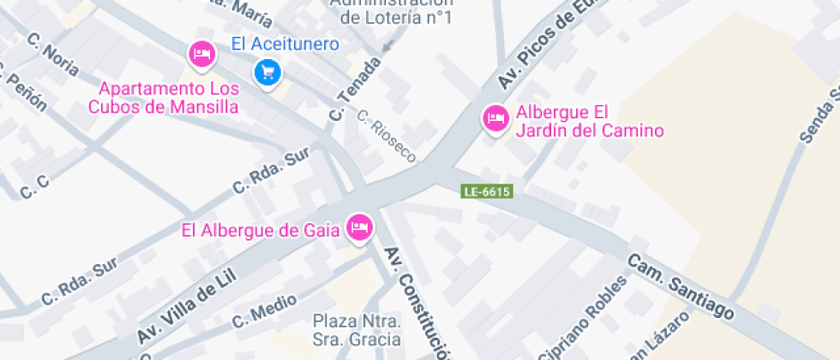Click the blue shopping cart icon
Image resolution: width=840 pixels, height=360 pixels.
click(x=268, y=72)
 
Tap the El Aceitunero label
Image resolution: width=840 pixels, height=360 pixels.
click(x=285, y=44)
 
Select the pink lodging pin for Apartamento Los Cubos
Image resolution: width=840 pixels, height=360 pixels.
click(x=201, y=54)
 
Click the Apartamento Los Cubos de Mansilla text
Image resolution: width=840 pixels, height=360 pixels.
click(x=162, y=98)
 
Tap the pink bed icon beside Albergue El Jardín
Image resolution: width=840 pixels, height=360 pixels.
click(x=495, y=118)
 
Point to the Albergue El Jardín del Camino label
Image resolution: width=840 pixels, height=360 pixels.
click(x=590, y=122)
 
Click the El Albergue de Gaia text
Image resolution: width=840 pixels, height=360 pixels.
click(x=261, y=230)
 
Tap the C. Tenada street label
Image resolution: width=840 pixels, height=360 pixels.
click(x=354, y=89)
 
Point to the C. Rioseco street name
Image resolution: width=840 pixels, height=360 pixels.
click(x=387, y=136)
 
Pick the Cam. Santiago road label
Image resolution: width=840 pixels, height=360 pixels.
click(x=681, y=287)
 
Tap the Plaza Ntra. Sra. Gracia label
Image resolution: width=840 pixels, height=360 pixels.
click(x=357, y=330)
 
